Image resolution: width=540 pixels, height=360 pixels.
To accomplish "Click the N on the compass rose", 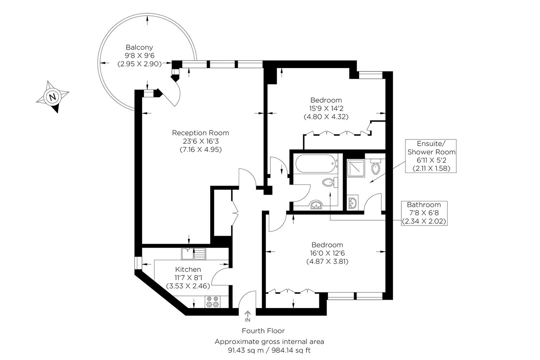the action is click(53, 97).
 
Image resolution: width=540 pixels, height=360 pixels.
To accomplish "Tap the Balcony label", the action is click(139, 47).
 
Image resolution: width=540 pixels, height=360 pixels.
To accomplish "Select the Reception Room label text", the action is click(201, 133).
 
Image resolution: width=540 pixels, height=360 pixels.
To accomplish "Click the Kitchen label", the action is click(188, 269).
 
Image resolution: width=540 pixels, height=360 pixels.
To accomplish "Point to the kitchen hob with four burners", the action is click(212, 302).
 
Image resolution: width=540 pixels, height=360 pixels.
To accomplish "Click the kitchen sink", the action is click(194, 254).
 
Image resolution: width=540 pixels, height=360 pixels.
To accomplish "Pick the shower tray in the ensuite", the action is click(356, 168).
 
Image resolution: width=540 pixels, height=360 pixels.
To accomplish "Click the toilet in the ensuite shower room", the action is click(376, 166).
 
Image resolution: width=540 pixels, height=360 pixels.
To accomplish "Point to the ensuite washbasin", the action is click(353, 202).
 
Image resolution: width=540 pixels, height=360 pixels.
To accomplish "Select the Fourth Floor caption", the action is click(263, 331).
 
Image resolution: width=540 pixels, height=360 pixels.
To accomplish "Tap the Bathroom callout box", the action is click(424, 213).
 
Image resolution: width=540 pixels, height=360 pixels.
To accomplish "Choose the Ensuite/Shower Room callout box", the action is click(431, 156).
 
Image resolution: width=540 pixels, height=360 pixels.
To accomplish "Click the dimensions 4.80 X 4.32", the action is click(326, 117).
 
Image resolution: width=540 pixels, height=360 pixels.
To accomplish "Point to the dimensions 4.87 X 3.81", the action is click(327, 262).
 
